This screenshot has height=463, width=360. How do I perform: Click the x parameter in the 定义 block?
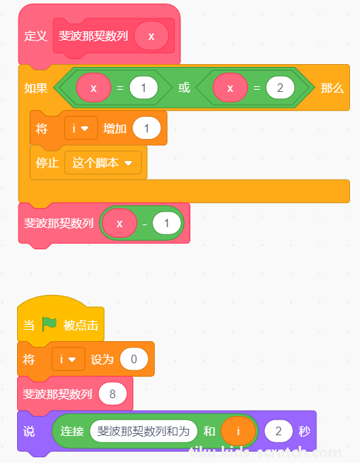pyautogui.click(x=151, y=36)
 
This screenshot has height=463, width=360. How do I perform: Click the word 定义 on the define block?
pyautogui.click(x=36, y=36)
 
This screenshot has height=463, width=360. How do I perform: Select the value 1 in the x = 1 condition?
pyautogui.click(x=143, y=88)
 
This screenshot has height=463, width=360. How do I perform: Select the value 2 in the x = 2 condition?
pyautogui.click(x=280, y=88)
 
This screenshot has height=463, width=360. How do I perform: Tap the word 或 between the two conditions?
pyautogui.click(x=184, y=88)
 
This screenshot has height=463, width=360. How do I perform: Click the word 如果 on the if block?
pyautogui.click(x=36, y=88)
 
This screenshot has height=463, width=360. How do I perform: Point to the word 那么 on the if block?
pyautogui.click(x=332, y=88)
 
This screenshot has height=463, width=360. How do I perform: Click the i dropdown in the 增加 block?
pyautogui.click(x=81, y=128)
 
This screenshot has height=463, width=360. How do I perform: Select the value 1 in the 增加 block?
pyautogui.click(x=147, y=128)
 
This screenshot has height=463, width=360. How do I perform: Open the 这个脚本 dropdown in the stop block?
pyautogui.click(x=103, y=162)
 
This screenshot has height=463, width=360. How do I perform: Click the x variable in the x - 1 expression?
pyautogui.click(x=120, y=223)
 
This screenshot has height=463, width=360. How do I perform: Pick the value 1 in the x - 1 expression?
pyautogui.click(x=166, y=223)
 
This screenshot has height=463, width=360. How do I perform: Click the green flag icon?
pyautogui.click(x=48, y=324)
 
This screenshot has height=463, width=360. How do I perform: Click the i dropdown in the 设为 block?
pyautogui.click(x=68, y=359)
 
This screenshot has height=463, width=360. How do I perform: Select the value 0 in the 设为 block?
pyautogui.click(x=134, y=359)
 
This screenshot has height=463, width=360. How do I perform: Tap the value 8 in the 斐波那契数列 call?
pyautogui.click(x=113, y=394)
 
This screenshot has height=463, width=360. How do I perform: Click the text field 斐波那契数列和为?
pyautogui.click(x=143, y=431)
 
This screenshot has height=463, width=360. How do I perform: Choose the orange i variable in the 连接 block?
pyautogui.click(x=238, y=431)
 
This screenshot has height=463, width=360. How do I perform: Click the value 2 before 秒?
pyautogui.click(x=279, y=431)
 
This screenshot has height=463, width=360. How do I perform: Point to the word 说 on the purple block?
pyautogui.click(x=29, y=432)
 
